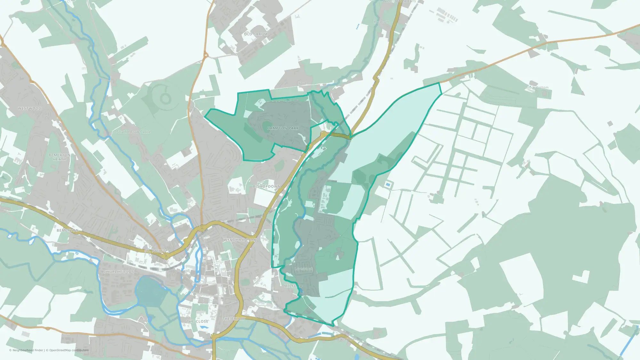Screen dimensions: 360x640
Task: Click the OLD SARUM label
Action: click(256, 34)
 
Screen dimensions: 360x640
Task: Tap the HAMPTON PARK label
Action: click(283, 128)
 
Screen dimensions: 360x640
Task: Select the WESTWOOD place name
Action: click(29, 108)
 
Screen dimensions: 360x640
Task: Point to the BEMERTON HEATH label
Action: click(60, 157)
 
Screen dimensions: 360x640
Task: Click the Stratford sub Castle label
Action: click(133, 132)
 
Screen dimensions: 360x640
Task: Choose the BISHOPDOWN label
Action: click(267, 186)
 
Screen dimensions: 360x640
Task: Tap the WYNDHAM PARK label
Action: click(240, 240)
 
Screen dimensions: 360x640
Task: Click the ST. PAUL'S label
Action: click(155, 251)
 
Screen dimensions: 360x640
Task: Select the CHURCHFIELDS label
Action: click(119, 272)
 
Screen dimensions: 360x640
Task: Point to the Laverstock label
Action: click(303, 269)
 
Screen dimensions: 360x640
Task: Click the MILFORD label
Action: click(293, 286)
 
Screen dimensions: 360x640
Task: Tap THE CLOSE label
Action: click(197, 321)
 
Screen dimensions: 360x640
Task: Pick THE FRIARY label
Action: click(234, 319)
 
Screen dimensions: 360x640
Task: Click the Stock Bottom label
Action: click(537, 87)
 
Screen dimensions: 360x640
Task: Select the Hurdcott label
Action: click(381, 22)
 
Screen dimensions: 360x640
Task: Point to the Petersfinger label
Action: click(346, 339)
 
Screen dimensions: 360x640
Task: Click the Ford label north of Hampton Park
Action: click(302, 83)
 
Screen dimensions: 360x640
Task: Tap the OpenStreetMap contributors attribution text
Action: click(69, 350)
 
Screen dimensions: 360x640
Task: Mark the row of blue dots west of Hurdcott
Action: click(357, 26)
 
